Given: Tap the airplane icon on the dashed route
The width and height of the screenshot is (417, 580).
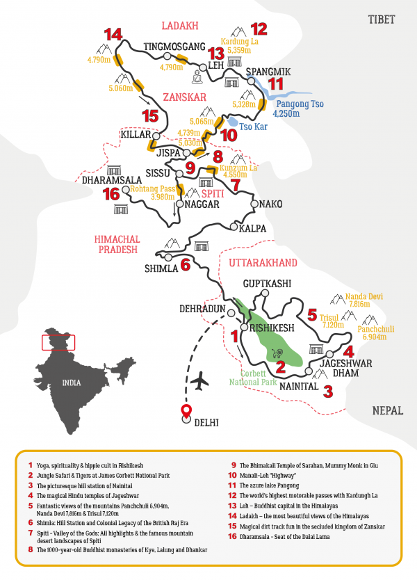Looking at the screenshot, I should [201, 381].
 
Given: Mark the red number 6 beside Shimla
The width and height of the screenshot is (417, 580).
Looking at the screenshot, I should [185, 264].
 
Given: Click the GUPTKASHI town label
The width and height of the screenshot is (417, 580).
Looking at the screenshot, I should [266, 284].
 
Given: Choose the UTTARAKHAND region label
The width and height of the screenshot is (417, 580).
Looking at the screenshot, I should [263, 262].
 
